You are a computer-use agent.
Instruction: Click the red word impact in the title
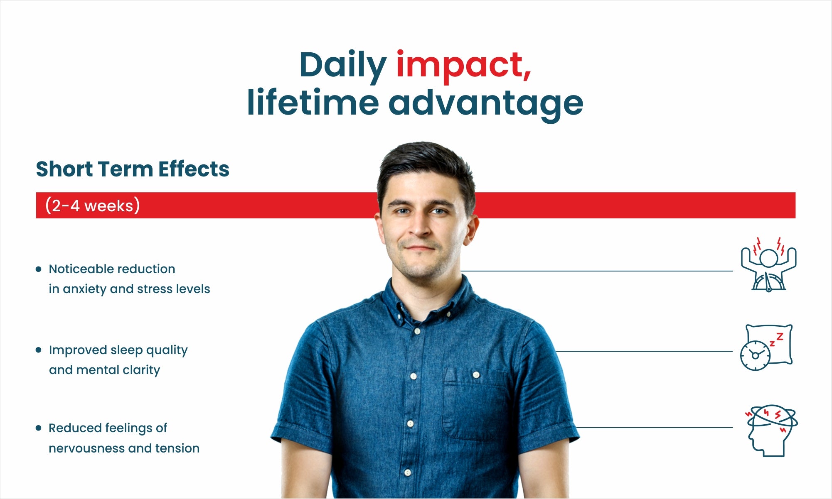coord(464,66)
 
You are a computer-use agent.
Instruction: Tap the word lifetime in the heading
coord(313,102)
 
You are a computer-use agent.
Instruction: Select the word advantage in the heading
coord(486,104)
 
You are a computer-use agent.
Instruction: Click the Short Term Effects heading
coord(133,169)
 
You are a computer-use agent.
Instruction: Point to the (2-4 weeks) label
coord(92,205)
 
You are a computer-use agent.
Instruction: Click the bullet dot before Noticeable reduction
coord(39,269)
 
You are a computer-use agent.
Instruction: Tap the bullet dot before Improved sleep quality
coord(39,350)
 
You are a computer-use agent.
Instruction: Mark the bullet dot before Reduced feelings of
coord(39,428)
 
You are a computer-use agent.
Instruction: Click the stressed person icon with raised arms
coord(768,264)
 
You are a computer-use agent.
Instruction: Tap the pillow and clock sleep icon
coord(766,347)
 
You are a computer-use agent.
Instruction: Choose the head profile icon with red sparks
coord(771,431)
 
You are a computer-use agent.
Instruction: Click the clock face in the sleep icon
coord(755,356)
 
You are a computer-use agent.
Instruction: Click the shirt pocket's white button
coord(476,375)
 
